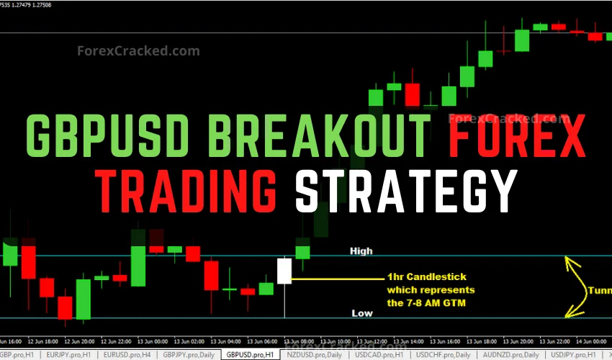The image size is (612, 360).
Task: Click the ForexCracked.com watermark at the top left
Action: point(128,51)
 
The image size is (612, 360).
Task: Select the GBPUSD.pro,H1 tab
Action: point(250,355)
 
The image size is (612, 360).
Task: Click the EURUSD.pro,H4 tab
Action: point(126,355)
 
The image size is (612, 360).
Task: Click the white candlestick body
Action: point(284,271)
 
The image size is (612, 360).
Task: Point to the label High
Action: point(361,251)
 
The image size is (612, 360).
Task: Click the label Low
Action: point(361,313)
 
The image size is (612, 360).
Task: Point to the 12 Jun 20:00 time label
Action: point(79,341)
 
